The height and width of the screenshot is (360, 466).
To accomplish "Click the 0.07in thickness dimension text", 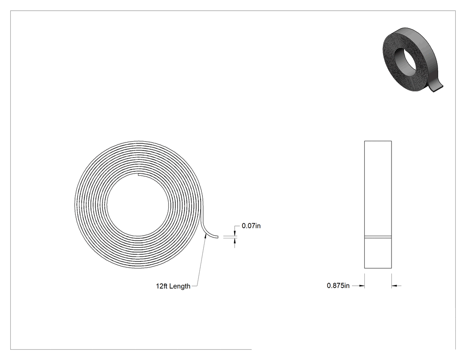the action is pyautogui.click(x=251, y=226).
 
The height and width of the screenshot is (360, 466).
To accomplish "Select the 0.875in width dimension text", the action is pyautogui.click(x=338, y=286).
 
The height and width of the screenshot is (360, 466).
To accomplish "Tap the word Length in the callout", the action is pyautogui.click(x=180, y=286).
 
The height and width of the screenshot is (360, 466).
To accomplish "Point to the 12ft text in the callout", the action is pyautogui.click(x=162, y=286).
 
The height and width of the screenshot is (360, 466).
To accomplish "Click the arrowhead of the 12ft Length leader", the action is pyautogui.click(x=205, y=235).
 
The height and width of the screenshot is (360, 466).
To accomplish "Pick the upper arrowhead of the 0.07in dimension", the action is pyautogui.click(x=235, y=233).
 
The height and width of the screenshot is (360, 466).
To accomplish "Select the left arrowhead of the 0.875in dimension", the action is pyautogui.click(x=362, y=286).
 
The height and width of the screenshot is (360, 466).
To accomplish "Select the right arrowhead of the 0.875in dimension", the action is pyautogui.click(x=395, y=286).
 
